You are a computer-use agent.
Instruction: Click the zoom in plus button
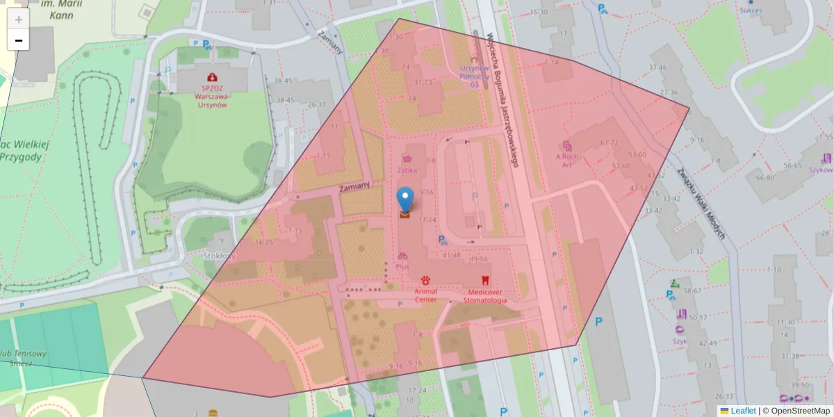tap(19, 19)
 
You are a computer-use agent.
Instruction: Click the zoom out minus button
tap(19, 41)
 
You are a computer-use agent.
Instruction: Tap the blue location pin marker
tap(404, 199)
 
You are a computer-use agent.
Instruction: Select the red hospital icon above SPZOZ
tap(213, 76)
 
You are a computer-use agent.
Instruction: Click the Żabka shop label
tap(407, 170)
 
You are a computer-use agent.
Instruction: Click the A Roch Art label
tap(567, 161)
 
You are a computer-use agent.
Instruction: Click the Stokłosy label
tap(220, 256)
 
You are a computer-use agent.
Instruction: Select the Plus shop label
tap(402, 266)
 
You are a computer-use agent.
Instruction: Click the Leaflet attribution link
tap(743, 411)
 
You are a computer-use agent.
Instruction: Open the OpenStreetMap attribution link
tap(800, 411)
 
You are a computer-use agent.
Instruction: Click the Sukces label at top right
tap(751, 10)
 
